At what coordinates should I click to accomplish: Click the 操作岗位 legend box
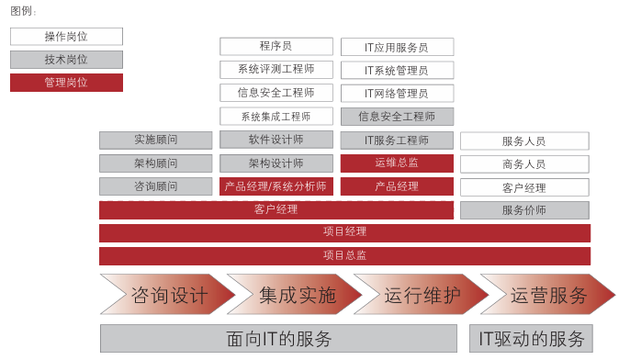[x=66, y=37]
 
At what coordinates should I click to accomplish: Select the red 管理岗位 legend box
[x=66, y=82]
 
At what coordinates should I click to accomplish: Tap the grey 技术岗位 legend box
[x=66, y=59]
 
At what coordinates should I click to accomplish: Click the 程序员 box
[x=276, y=46]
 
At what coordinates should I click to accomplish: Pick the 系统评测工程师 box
[x=276, y=69]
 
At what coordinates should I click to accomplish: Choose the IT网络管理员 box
[x=397, y=93]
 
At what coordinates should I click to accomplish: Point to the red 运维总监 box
[x=397, y=163]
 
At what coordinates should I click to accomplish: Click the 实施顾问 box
[x=155, y=140]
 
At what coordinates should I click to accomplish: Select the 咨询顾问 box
[x=155, y=186]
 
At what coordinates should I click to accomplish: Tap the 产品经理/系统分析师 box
[x=276, y=186]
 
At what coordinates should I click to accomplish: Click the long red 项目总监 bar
[x=344, y=255]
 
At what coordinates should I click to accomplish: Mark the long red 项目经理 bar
[x=344, y=232]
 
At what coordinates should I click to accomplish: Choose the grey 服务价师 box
[x=524, y=210]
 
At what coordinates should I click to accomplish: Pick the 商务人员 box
[x=524, y=164]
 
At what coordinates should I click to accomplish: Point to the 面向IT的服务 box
[x=278, y=338]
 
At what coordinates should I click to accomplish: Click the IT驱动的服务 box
[x=531, y=338]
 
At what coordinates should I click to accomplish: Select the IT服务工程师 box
[x=397, y=141]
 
